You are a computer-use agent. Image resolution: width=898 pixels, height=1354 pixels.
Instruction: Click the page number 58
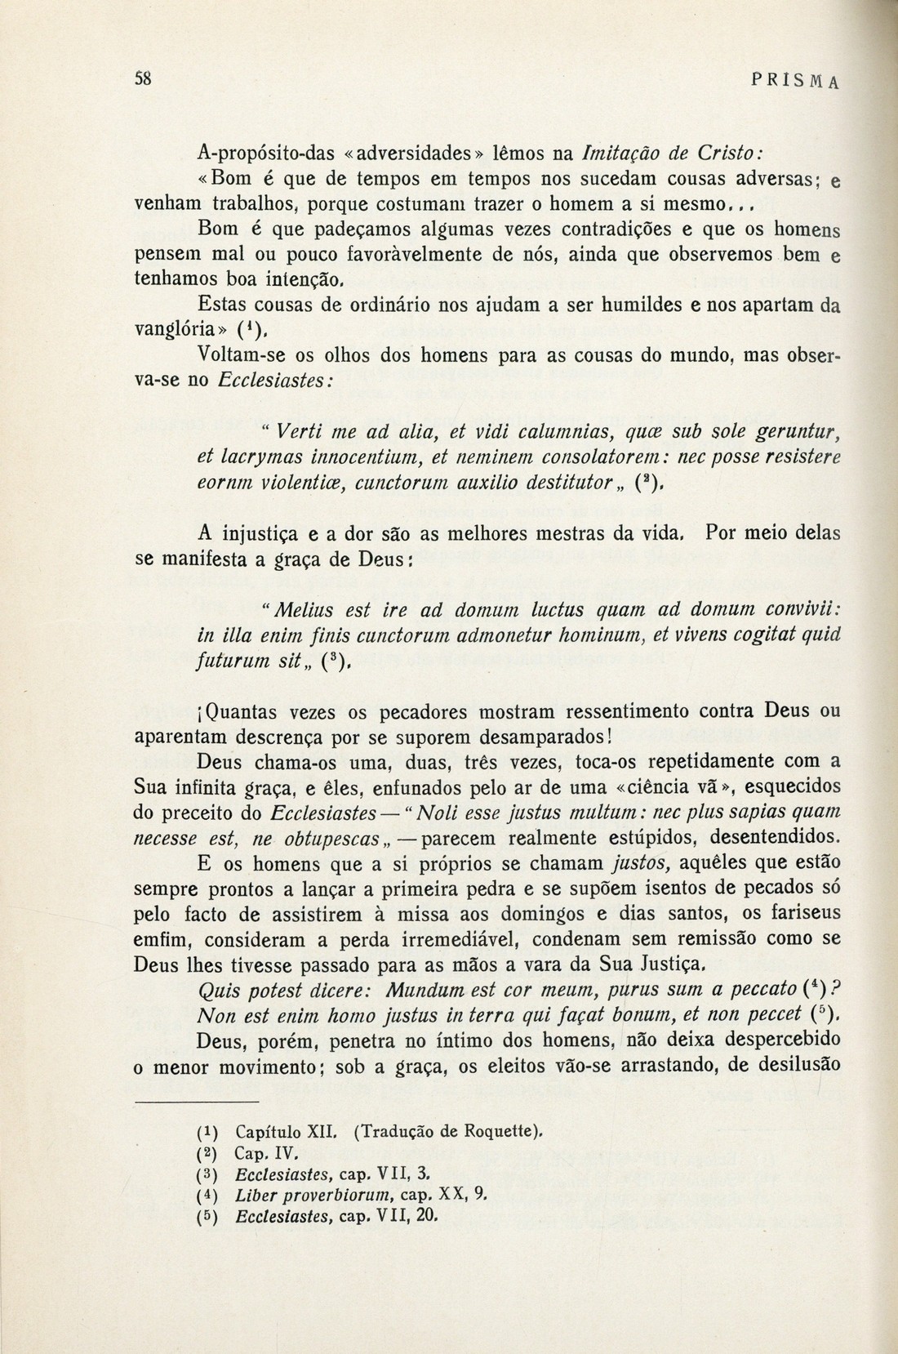point(144,79)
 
